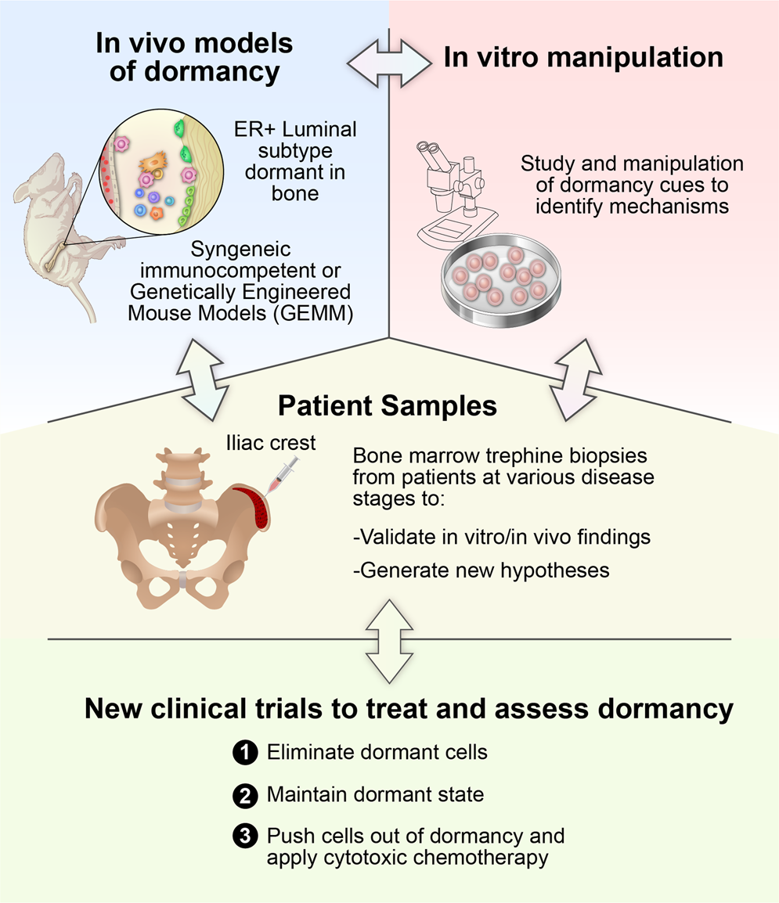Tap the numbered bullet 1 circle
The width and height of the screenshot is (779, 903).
coord(244,753)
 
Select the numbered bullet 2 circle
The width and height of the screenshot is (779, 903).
coord(244,796)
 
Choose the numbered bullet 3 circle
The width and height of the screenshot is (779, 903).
coord(244,836)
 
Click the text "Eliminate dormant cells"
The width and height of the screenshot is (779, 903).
coord(377,753)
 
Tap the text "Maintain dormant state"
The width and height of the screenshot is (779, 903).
coord(375,795)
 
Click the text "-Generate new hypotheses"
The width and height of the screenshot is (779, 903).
coord(481,570)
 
